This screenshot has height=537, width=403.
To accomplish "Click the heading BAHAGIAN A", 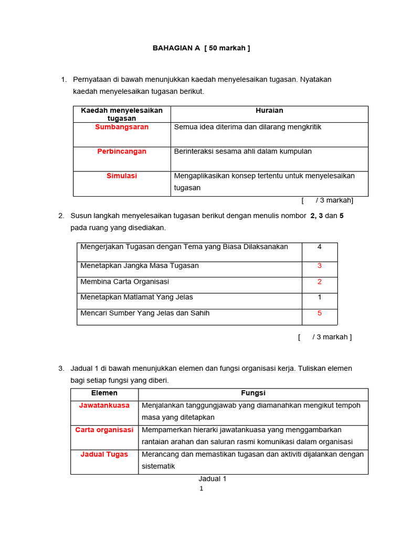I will pos(201,48).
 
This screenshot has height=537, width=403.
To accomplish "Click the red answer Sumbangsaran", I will pos(122,127).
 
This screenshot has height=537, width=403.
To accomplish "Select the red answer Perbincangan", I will pos(122,152).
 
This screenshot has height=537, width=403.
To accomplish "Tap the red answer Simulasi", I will pos(122,176).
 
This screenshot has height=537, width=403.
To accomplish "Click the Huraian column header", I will pos(269,111).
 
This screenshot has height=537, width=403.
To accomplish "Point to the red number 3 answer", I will pos(320,266).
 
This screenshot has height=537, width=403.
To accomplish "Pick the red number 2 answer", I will pos(320,282).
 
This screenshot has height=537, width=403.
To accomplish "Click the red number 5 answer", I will pos(320,314).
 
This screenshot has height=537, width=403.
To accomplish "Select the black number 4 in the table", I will pos(320,247).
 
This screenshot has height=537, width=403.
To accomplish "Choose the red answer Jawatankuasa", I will pos(104,405).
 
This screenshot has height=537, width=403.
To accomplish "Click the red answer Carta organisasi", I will pos(104,430).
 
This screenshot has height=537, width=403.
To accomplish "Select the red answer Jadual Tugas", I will pos(104,455).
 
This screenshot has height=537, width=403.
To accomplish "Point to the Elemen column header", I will pos(104,393).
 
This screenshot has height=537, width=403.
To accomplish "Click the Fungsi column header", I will pos(253,393).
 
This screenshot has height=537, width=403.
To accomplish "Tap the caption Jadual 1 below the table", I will pos(213,479).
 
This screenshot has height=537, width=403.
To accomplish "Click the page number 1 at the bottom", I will pos(201,489).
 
